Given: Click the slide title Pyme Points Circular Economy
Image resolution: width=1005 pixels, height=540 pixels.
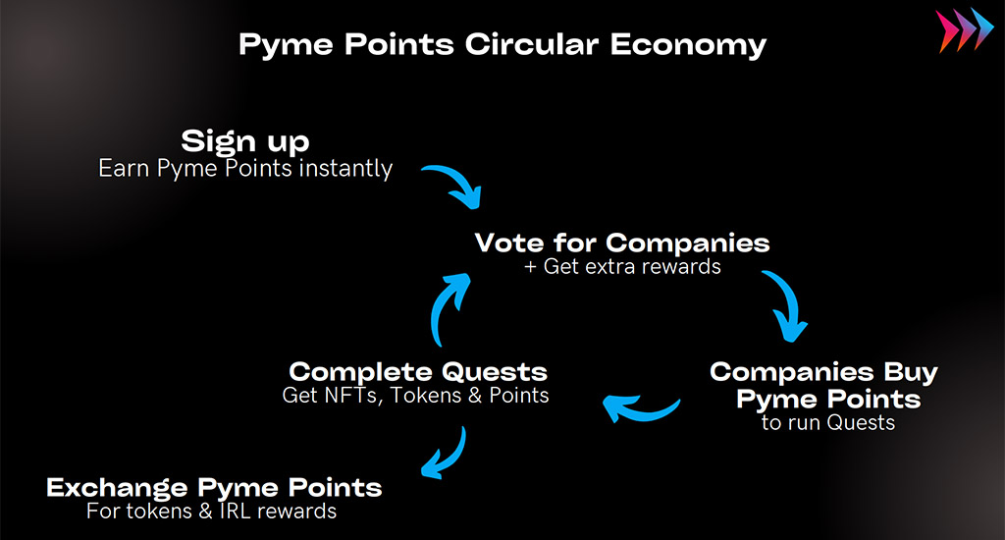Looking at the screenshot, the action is point(502,45).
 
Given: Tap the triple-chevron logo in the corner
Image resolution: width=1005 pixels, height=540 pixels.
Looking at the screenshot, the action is point(965,29).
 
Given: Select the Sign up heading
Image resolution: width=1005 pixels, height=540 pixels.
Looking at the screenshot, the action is point(244,141).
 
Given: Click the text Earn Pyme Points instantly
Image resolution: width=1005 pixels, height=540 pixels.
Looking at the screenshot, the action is point(245,169).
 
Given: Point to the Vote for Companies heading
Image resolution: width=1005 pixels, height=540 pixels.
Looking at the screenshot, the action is point(621,243).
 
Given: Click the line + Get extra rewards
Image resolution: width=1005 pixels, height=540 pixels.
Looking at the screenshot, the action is point(622,266).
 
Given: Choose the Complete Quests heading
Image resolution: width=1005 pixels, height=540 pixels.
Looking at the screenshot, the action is point(418,371).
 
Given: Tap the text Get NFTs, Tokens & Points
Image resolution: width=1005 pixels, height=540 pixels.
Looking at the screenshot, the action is point(415,395).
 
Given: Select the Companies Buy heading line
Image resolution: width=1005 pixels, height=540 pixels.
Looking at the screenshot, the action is point(823,372).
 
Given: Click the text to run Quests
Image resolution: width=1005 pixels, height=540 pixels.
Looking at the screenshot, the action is point(828,422).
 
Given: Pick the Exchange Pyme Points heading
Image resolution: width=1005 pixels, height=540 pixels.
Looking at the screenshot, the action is point(214,488).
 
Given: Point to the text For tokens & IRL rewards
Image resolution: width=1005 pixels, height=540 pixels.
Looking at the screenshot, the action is point(212,512).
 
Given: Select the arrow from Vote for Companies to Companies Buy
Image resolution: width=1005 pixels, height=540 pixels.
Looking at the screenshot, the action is point(790,301).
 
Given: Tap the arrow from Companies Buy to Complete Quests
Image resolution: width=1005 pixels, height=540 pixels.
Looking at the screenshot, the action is point(641,413).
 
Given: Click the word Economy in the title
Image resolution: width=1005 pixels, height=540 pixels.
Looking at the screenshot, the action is point(688,45).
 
